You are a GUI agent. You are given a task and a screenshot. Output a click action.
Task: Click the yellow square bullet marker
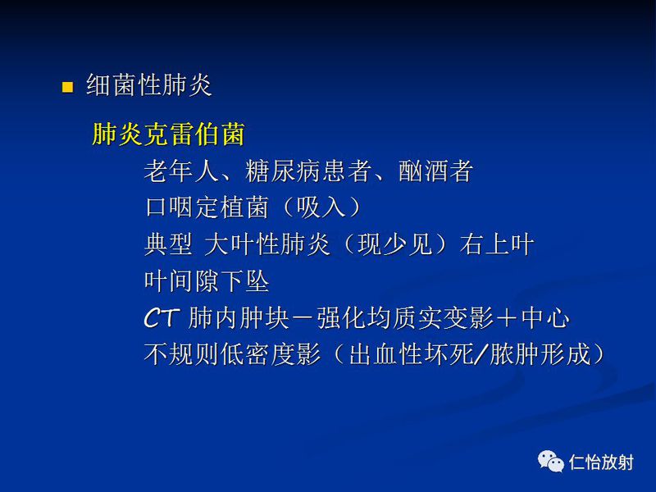(68, 87)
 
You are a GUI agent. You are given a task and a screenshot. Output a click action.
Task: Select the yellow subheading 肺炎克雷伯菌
(168, 134)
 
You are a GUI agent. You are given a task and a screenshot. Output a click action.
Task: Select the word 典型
(168, 244)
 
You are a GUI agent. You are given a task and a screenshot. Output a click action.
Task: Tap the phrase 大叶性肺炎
(265, 244)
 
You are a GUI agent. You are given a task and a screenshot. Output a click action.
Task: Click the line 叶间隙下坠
(207, 281)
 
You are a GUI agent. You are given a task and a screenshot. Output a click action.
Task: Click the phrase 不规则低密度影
(232, 354)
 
